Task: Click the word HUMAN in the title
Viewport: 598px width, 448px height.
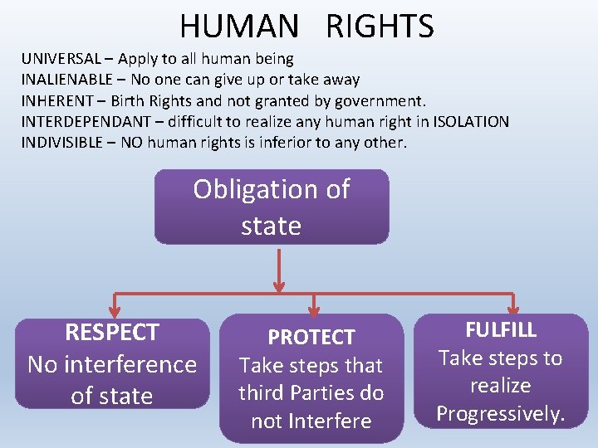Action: pyautogui.click(x=238, y=27)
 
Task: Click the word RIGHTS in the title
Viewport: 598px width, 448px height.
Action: pyautogui.click(x=380, y=27)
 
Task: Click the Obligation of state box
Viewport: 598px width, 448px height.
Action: pyautogui.click(x=272, y=207)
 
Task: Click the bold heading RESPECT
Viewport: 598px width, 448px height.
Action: pyautogui.click(x=112, y=333)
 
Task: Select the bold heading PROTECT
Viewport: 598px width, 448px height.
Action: pyautogui.click(x=311, y=338)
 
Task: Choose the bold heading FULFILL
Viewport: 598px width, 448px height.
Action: pyautogui.click(x=500, y=330)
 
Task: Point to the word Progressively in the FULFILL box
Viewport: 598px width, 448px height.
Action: pyautogui.click(x=500, y=413)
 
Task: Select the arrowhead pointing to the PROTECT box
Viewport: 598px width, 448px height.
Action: pyautogui.click(x=313, y=306)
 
